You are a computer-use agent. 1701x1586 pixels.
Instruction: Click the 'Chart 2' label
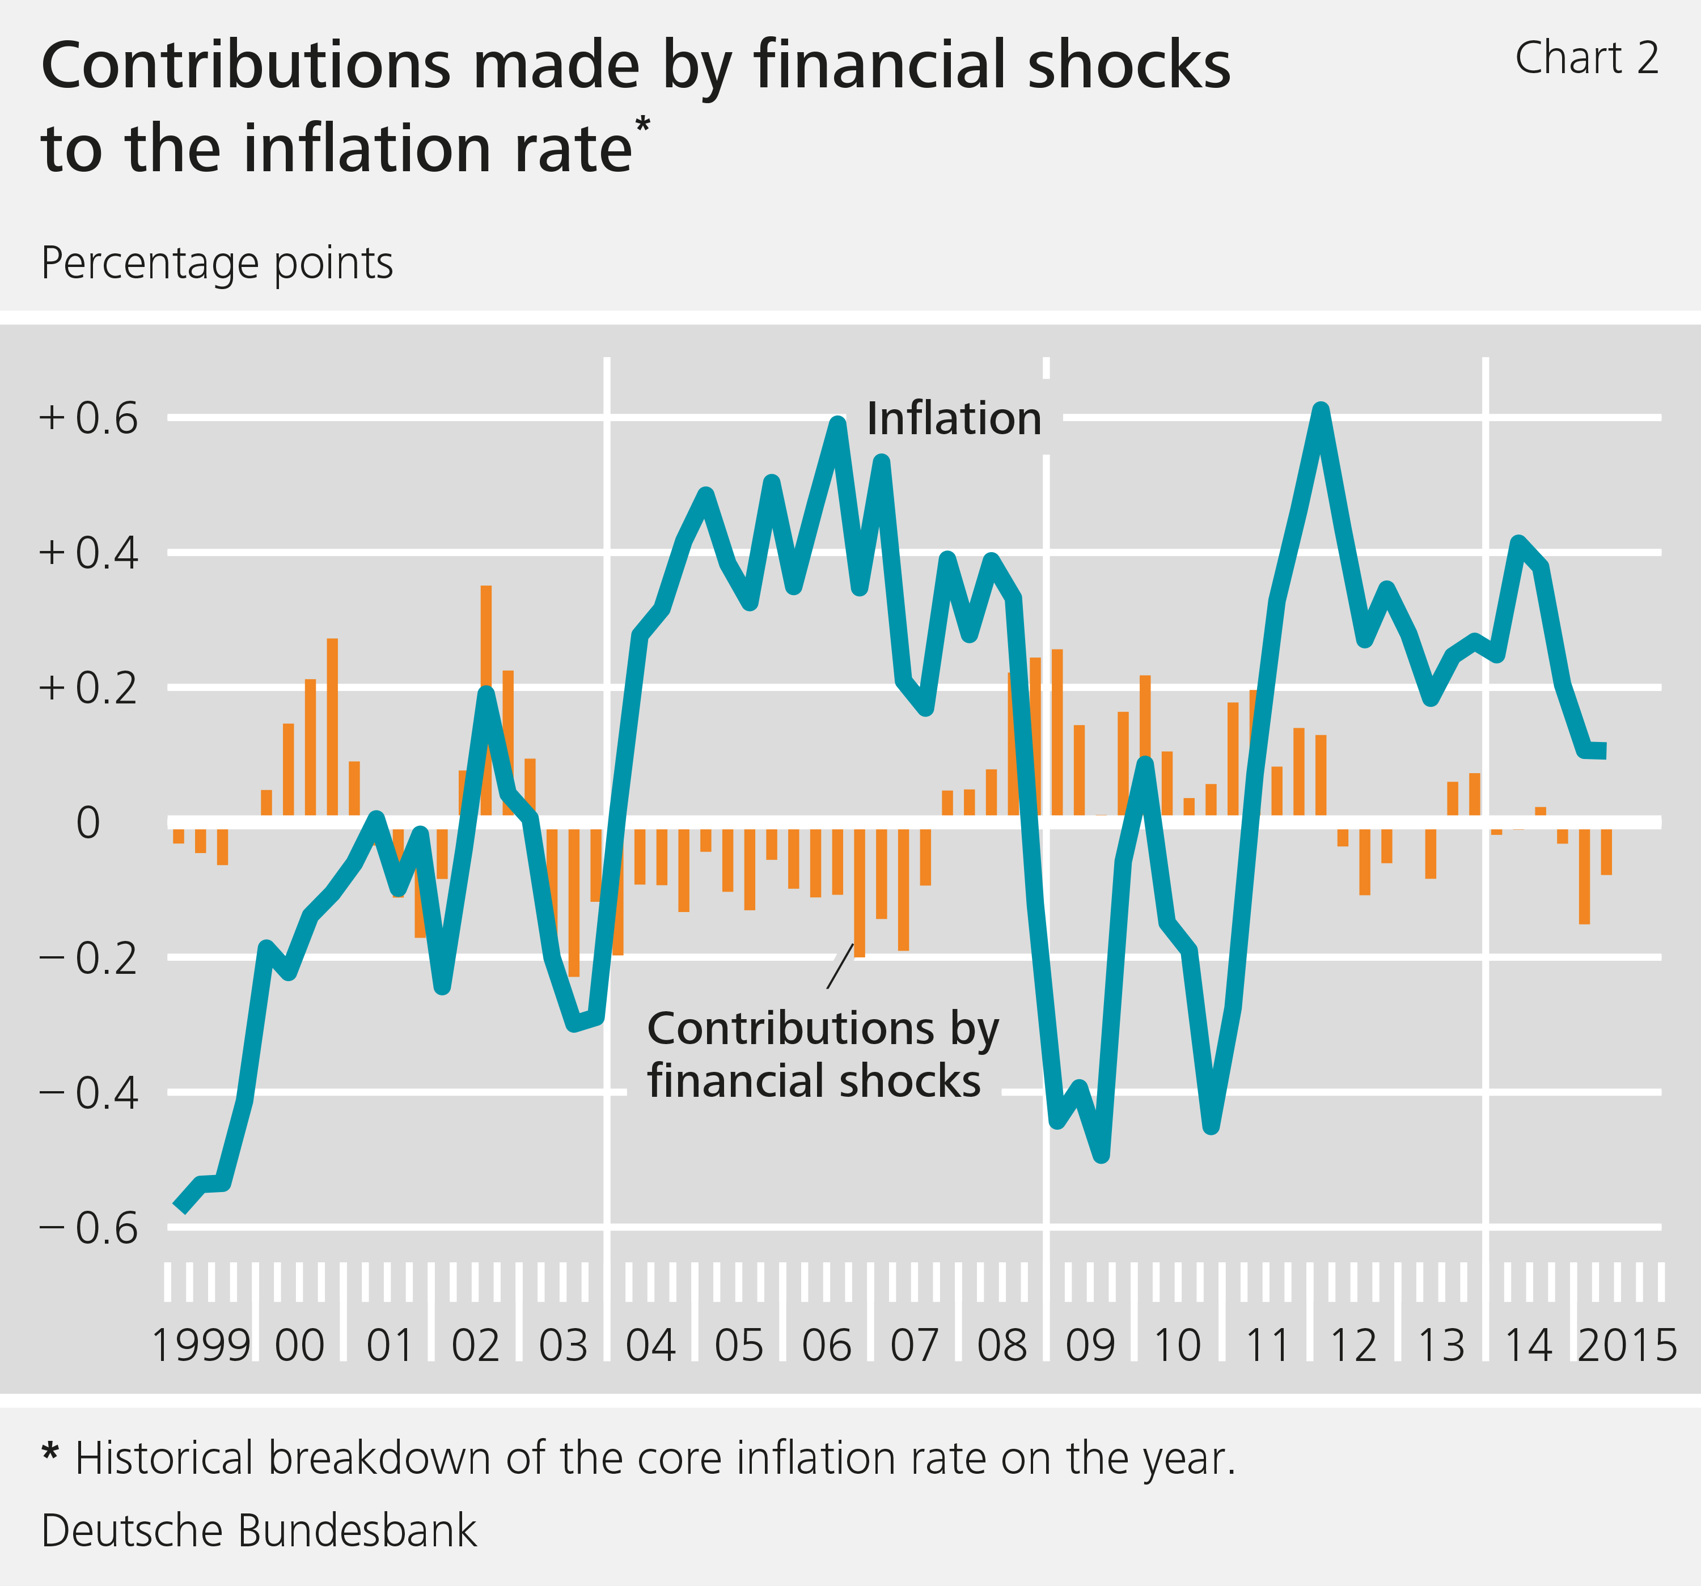pos(1586,59)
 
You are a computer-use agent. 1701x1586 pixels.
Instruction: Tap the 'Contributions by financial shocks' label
pos(822,1054)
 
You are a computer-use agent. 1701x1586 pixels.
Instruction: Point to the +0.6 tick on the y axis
pos(88,419)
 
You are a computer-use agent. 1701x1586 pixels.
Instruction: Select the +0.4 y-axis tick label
pos(88,553)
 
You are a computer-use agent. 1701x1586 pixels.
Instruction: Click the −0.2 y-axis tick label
pos(88,958)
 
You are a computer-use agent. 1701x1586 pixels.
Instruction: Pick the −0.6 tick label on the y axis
pos(88,1228)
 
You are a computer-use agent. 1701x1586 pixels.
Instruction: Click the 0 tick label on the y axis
pos(88,823)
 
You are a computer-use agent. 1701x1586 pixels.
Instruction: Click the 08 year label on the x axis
pos(1001,1346)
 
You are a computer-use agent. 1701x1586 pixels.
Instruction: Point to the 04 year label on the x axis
pos(650,1346)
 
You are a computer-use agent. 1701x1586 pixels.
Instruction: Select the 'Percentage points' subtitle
pos(217,264)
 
